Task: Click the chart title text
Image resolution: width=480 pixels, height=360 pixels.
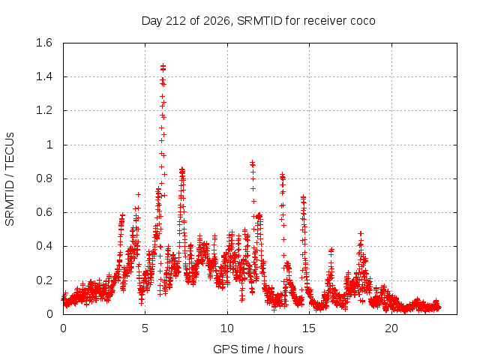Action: pyautogui.click(x=258, y=21)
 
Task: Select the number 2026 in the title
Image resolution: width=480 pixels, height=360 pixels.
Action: pyautogui.click(x=217, y=21)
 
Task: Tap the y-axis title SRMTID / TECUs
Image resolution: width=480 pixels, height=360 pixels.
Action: pyautogui.click(x=10, y=179)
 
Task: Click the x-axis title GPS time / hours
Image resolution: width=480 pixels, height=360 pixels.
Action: pyautogui.click(x=258, y=349)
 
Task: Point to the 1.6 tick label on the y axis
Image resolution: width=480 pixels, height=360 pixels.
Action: pyautogui.click(x=44, y=43)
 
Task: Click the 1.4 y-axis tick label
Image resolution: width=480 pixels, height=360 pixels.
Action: pyautogui.click(x=44, y=76)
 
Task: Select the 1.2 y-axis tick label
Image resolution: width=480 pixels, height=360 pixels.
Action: pyautogui.click(x=44, y=110)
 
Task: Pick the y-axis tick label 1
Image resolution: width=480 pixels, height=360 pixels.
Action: pyautogui.click(x=49, y=145)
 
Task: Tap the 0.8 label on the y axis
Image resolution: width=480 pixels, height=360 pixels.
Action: pyautogui.click(x=44, y=178)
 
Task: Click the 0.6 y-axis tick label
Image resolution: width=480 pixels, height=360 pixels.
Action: pyautogui.click(x=44, y=212)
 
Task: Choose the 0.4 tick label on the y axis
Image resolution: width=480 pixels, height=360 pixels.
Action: pyautogui.click(x=44, y=246)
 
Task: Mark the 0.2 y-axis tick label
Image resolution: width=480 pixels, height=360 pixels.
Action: pyautogui.click(x=44, y=280)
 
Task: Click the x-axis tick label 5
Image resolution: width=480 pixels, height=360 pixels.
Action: pyautogui.click(x=145, y=328)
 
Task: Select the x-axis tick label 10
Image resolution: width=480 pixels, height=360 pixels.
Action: pyautogui.click(x=227, y=328)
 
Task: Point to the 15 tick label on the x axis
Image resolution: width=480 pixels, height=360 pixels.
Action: pyautogui.click(x=309, y=328)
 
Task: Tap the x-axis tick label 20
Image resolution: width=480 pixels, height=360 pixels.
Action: pyautogui.click(x=391, y=328)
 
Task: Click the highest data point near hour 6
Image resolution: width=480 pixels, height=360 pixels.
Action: pyautogui.click(x=163, y=65)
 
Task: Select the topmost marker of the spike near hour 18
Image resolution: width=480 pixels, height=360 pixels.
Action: pyautogui.click(x=361, y=233)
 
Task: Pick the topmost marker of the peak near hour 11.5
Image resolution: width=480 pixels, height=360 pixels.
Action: pyautogui.click(x=252, y=162)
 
